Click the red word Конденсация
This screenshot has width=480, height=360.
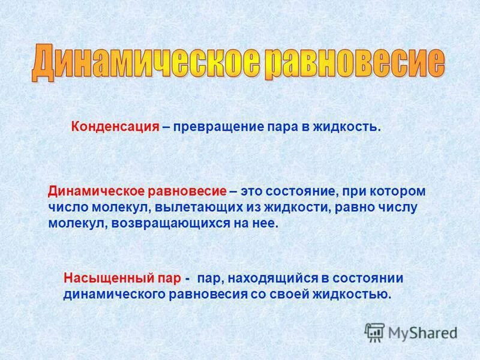pos(115,127)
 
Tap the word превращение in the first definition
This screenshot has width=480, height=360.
pos(218,127)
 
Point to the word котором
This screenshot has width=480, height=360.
pos(401,191)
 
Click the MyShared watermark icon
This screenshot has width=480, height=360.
pos(375,332)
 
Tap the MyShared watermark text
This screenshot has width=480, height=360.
pos(422,332)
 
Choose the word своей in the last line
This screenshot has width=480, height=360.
pos(292,295)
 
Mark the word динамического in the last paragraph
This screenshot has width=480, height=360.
pos(114,295)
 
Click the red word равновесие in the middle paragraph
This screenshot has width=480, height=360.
pos(186,191)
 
